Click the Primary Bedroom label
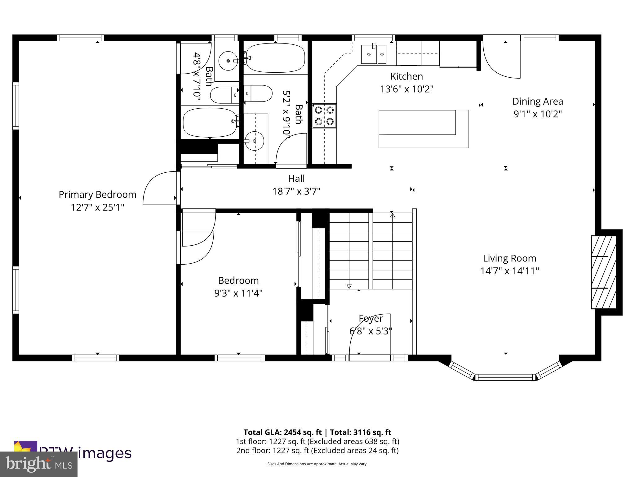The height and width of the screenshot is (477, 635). click(97, 195)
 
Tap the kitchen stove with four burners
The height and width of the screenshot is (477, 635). click(324, 116)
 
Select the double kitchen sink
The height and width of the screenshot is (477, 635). click(374, 54)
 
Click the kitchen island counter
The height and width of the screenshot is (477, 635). click(423, 129)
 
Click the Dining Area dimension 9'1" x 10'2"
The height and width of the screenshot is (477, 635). click(538, 114)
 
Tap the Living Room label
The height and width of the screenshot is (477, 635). click(509, 258)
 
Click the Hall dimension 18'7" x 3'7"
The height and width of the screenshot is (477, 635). click(296, 191)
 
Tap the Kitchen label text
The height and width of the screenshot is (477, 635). click(406, 76)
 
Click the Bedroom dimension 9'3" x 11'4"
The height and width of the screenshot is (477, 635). click(238, 293)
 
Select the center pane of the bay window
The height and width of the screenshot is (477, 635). click(505, 378)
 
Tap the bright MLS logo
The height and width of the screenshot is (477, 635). click(38, 464)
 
